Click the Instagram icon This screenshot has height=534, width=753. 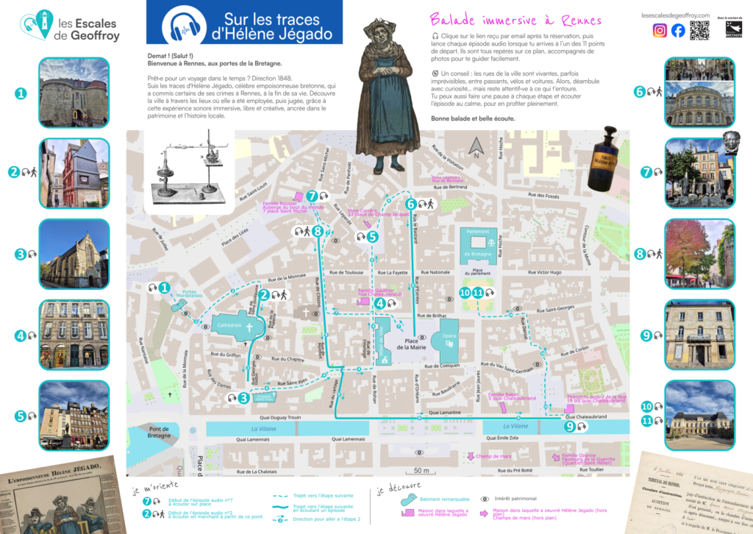click(x=660, y=30)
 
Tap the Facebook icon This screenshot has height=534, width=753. click(x=677, y=30)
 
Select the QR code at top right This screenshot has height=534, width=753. click(x=699, y=30)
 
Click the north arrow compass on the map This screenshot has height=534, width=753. click(x=476, y=149)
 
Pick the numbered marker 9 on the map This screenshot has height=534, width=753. click(x=570, y=426)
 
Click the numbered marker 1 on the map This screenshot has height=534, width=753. click(x=164, y=288)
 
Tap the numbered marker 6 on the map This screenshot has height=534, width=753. click(x=411, y=204)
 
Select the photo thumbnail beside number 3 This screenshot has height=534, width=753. click(x=74, y=254)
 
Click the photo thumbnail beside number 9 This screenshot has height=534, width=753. click(x=699, y=335)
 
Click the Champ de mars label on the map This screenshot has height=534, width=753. click(x=493, y=457)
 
